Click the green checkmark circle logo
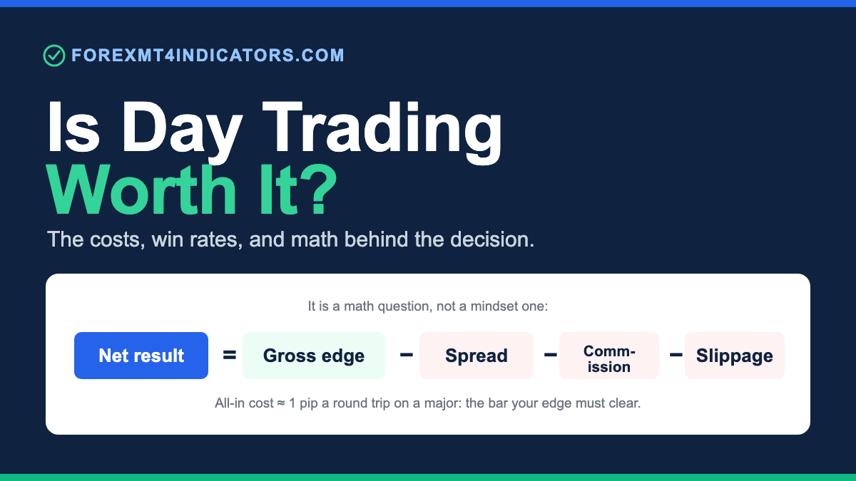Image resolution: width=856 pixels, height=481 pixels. pos(54,56)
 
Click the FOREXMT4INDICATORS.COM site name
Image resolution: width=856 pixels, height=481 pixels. pos(208,56)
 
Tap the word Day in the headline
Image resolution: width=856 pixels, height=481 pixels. pos(182,127)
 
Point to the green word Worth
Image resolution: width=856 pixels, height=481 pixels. pos(141,190)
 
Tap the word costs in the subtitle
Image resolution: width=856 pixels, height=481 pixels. pos(117,239)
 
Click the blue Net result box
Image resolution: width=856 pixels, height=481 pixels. pos(141,356)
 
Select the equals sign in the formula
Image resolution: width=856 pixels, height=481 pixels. pos(229,355)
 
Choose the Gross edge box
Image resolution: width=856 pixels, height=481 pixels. pos(314,356)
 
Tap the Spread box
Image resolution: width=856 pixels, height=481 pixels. pos(477,356)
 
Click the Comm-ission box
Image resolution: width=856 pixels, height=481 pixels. pos(609,356)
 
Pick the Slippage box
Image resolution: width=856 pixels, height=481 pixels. pos(735,356)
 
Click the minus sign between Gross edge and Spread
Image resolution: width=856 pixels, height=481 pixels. pos(406,355)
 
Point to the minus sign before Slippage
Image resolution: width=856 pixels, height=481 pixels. pos(676,355)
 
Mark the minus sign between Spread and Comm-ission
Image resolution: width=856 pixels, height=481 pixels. pos(550,355)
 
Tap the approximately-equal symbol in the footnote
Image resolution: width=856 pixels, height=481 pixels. pos(281,403)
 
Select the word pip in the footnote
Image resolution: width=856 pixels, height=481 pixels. pos(308,404)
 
